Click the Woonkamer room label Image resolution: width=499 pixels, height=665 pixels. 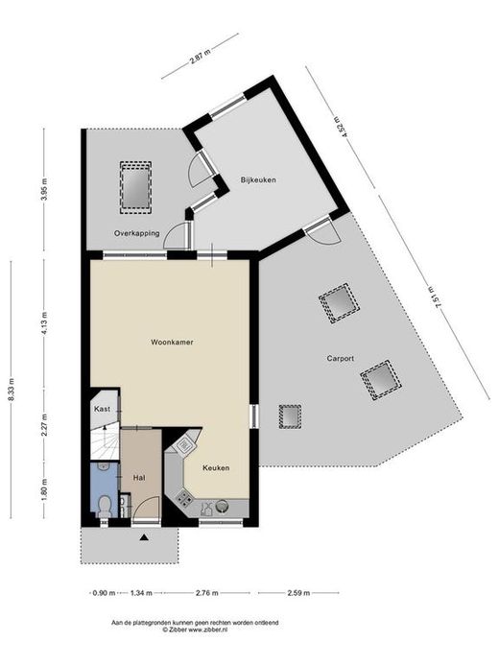[x=172, y=342]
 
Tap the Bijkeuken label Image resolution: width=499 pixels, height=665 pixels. [x=258, y=179]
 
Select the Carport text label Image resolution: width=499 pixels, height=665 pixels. [x=340, y=358]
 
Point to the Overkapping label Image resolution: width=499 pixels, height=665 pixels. [x=137, y=233]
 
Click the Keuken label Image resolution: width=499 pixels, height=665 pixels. [x=216, y=467]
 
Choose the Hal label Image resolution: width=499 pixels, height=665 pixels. [x=139, y=478]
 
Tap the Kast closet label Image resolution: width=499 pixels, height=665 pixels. [x=102, y=409]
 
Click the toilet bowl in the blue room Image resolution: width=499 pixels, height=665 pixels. [x=105, y=506]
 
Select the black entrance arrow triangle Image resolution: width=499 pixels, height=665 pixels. [x=145, y=537]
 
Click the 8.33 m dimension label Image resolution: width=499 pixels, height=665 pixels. [x=11, y=389]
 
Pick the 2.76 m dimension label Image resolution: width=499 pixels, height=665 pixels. [x=207, y=593]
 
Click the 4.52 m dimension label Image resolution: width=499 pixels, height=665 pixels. [x=343, y=127]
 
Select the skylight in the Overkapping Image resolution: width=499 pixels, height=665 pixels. [x=135, y=186]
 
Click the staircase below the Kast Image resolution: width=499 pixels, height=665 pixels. [x=105, y=443]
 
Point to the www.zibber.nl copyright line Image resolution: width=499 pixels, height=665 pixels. [x=195, y=629]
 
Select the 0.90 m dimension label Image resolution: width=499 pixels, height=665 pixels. [x=104, y=593]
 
